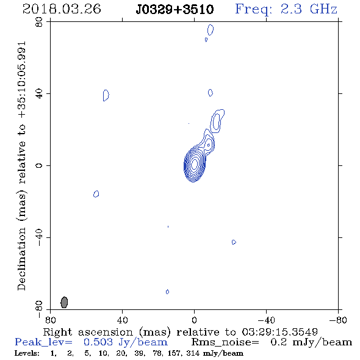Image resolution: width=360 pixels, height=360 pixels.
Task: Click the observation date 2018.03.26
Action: coord(62,9)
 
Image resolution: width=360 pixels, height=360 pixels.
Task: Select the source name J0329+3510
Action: coord(175,9)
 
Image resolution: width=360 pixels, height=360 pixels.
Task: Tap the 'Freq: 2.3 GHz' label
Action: coord(286,9)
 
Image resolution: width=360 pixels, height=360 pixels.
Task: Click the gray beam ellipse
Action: coord(64,302)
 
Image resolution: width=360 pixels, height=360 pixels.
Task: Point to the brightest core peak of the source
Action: coord(194,164)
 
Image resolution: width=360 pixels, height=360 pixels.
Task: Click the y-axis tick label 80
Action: coord(39,22)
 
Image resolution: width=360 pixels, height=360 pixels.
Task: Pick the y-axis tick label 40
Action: coord(39,94)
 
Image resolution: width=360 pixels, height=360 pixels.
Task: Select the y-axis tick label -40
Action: coord(39,237)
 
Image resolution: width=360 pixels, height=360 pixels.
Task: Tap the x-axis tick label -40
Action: coord(266,320)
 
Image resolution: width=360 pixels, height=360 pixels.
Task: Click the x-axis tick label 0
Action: coord(194,320)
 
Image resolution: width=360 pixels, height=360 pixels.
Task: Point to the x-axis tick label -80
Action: coord(338,320)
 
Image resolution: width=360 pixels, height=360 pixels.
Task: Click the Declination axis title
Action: coord(21,166)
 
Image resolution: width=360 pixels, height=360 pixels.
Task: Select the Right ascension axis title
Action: coord(181,332)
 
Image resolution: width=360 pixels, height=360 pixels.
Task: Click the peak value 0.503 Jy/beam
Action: coord(125,342)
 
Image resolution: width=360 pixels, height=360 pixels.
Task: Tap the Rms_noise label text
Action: coord(225,342)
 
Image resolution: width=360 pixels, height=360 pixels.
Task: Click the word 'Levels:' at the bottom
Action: coord(27,353)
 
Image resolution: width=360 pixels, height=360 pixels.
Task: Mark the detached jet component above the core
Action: coord(216,121)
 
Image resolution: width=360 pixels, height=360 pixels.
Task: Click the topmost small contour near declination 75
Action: coord(211,30)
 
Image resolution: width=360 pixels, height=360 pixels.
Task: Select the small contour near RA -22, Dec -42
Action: coord(234,242)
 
